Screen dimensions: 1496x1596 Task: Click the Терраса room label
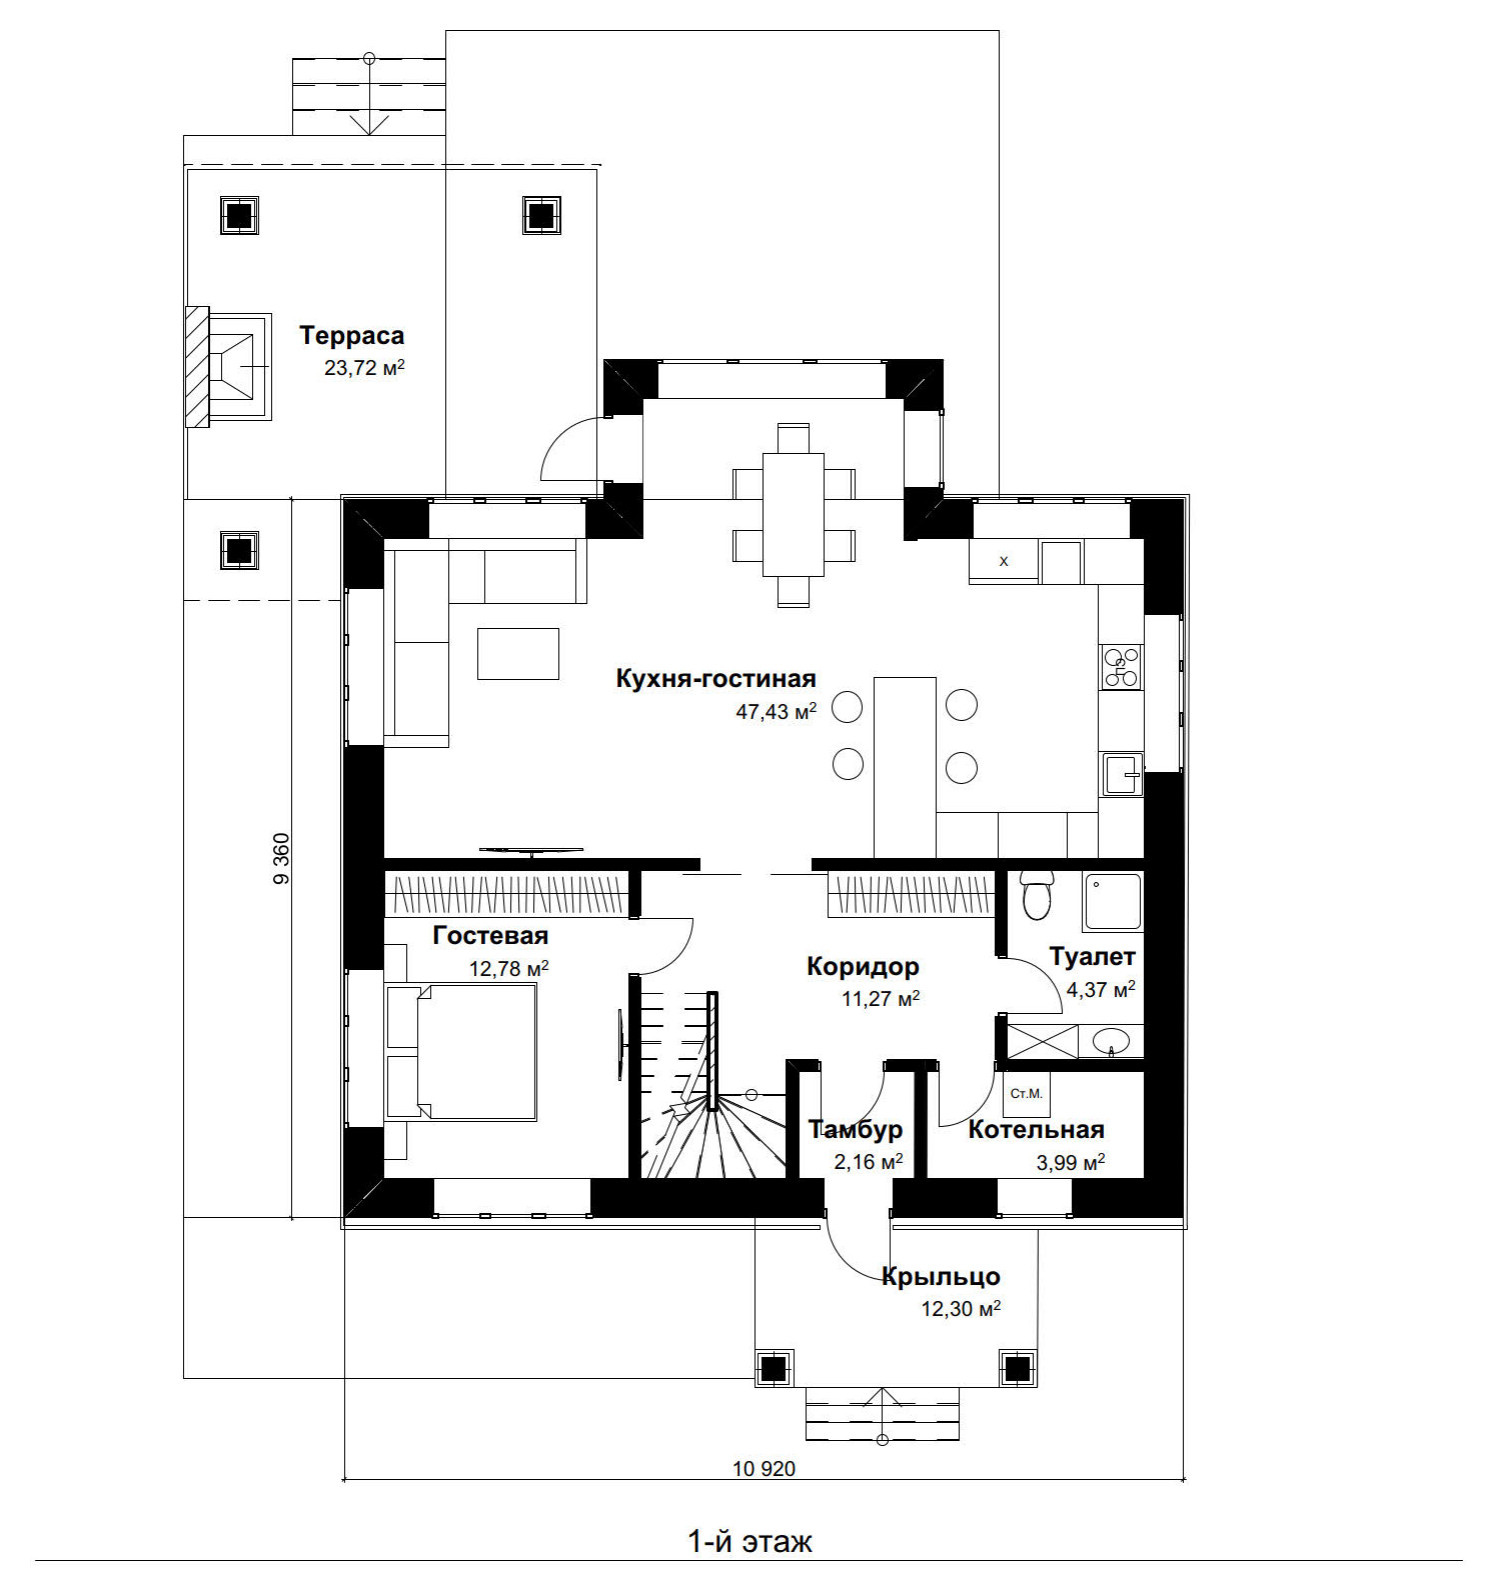pos(352,336)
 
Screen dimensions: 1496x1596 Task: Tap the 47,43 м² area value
pos(776,712)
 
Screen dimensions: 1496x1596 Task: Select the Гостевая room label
pos(491,936)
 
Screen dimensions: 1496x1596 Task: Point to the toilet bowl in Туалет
pos(1037,894)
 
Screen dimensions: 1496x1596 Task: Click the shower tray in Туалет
pos(1113,902)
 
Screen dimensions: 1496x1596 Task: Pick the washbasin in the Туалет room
pos(1111,1042)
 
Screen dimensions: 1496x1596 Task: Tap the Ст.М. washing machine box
pos(1026,1094)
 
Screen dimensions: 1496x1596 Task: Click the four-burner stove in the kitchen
pos(1121,667)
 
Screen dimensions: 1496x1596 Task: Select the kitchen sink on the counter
pos(1122,774)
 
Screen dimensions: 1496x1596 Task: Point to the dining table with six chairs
pos(793,515)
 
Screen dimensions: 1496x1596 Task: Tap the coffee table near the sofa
pos(518,654)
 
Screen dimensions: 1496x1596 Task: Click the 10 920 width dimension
pos(764,1469)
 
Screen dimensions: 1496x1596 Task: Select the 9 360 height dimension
pos(280,858)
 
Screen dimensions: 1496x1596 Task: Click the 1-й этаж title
pos(750,1541)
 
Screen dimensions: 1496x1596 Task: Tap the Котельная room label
pos(1036,1130)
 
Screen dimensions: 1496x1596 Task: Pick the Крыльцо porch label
pos(941,1277)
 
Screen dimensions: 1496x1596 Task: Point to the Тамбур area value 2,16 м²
pos(868,1162)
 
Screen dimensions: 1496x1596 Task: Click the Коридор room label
pos(863,967)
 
